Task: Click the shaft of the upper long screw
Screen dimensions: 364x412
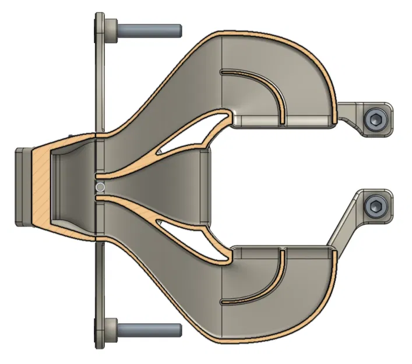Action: (149, 28)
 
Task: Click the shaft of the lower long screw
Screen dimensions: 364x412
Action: (149, 330)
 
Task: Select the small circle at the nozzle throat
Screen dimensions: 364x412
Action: (100, 187)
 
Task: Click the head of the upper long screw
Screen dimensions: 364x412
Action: (111, 28)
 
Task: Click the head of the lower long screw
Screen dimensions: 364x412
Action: (111, 330)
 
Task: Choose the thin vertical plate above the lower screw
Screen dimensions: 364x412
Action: (100, 280)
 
